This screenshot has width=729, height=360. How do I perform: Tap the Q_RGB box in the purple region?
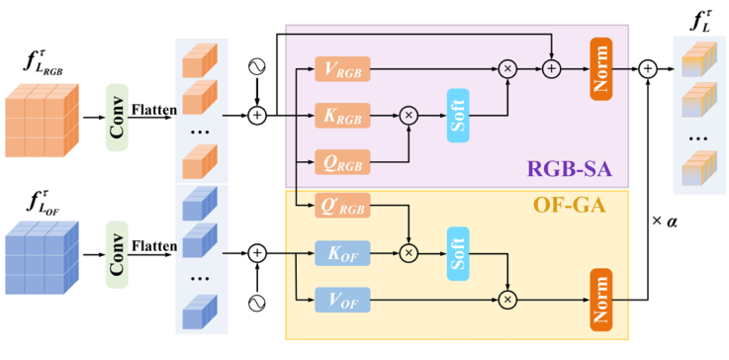[x=341, y=159]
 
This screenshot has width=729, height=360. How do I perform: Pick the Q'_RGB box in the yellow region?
[x=341, y=208]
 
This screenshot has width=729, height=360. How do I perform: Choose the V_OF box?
[x=341, y=298]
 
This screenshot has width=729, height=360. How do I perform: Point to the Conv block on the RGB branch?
[x=119, y=117]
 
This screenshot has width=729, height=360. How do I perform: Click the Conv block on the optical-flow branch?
[x=119, y=254]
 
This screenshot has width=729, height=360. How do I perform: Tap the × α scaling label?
[x=664, y=219]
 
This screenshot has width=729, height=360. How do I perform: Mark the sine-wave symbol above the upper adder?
[x=258, y=67]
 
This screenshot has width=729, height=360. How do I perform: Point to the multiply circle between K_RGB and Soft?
[x=410, y=115]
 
